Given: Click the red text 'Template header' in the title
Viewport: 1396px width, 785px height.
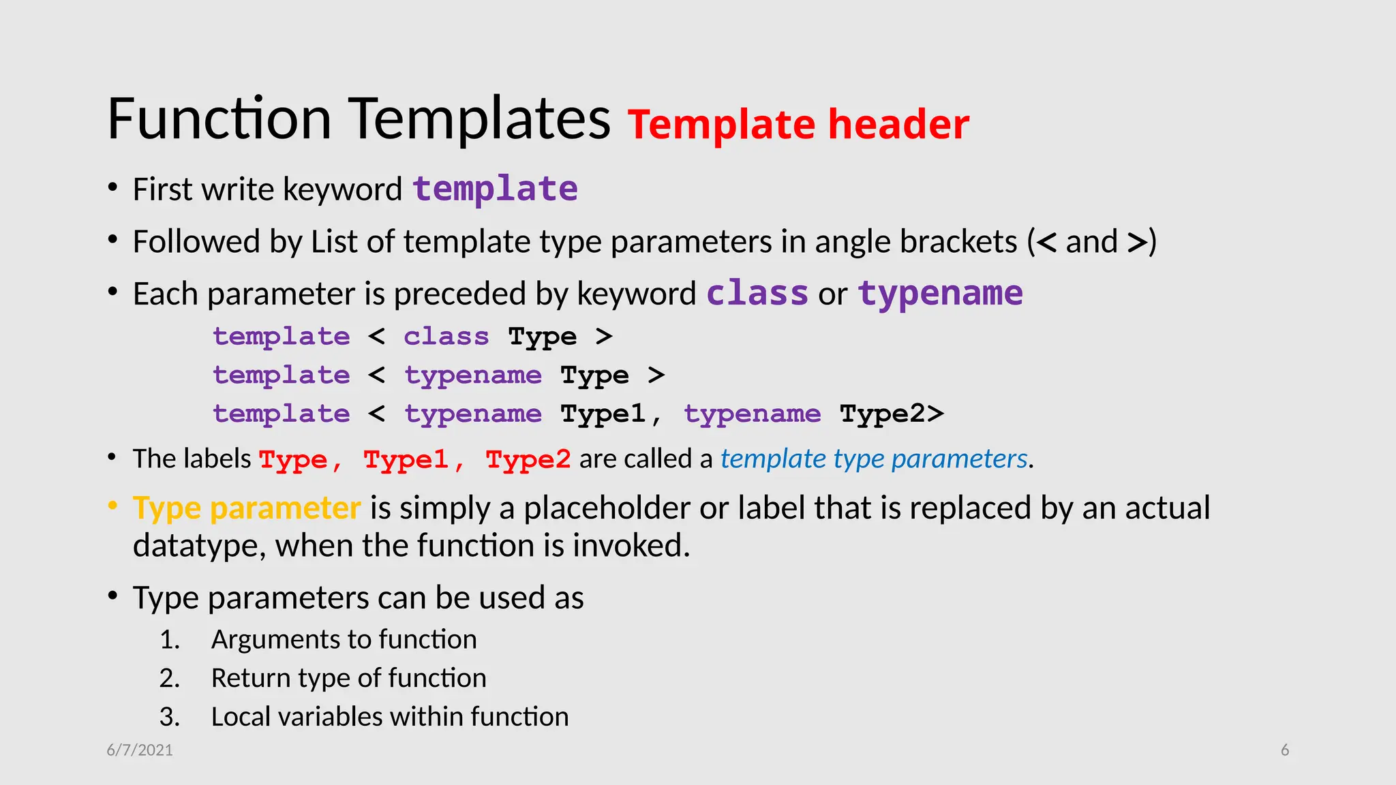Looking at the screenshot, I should click(x=798, y=125).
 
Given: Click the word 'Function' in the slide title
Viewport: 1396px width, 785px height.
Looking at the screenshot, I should click(x=219, y=119).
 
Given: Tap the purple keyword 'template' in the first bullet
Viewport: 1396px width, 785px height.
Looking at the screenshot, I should click(x=495, y=189).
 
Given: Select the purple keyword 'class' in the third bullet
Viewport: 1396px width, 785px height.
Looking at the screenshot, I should click(x=757, y=294).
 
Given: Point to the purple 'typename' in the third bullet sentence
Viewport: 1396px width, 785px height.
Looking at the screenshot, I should click(x=940, y=294).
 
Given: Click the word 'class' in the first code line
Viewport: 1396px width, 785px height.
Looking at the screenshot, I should click(x=446, y=337).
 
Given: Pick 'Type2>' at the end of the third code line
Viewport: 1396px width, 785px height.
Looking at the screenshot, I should click(x=891, y=414).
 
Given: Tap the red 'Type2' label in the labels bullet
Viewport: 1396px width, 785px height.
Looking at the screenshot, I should click(x=528, y=460).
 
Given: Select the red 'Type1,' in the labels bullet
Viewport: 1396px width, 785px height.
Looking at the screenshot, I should click(x=413, y=460).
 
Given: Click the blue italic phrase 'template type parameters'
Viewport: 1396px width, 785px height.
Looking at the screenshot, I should click(x=873, y=459).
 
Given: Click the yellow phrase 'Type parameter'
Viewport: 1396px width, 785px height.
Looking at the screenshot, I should click(x=246, y=508).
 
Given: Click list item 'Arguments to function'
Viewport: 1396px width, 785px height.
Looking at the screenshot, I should click(x=344, y=640).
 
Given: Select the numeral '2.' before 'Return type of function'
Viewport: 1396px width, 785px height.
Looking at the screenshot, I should click(x=170, y=679).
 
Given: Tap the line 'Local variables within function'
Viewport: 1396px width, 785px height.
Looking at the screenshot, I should click(x=389, y=717).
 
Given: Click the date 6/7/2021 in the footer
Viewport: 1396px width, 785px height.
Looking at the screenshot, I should click(x=140, y=750).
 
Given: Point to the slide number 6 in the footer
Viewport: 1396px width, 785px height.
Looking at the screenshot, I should click(x=1284, y=750).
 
